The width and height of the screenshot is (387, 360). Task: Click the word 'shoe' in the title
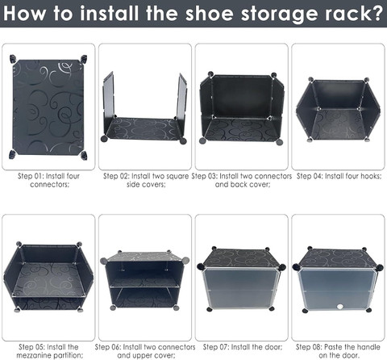pyautogui.click(x=209, y=13)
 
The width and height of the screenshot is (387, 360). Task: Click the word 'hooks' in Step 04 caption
pyautogui.click(x=371, y=176)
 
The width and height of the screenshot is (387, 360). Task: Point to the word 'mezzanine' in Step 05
pyautogui.click(x=35, y=355)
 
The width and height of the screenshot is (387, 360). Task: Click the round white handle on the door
pyautogui.click(x=340, y=307)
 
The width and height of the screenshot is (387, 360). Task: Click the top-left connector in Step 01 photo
pyautogui.click(x=13, y=59)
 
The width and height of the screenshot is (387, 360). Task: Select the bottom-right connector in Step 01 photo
pyautogui.click(x=84, y=155)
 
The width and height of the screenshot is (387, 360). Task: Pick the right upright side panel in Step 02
pyautogui.click(x=181, y=100)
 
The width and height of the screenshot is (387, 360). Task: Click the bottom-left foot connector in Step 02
pyautogui.click(x=104, y=139)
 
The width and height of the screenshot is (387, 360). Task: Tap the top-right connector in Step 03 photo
pyautogui.click(x=273, y=74)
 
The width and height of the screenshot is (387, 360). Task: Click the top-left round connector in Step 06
pyautogui.click(x=104, y=261)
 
